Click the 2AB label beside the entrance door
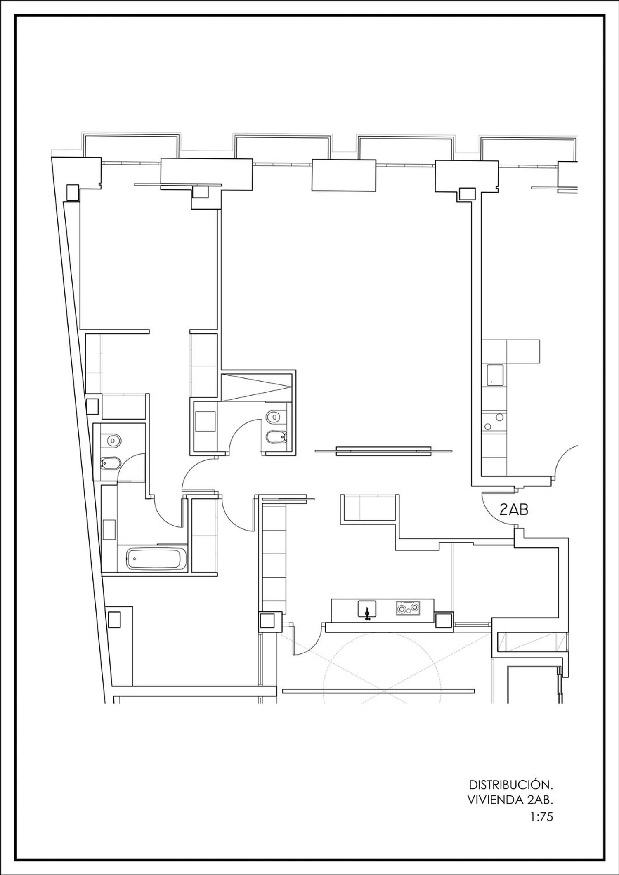pyautogui.click(x=514, y=510)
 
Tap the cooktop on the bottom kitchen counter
pyautogui.click(x=408, y=608)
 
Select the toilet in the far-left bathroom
pyautogui.click(x=113, y=441)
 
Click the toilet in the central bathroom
pyautogui.click(x=274, y=417)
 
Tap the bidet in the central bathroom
pyautogui.click(x=273, y=437)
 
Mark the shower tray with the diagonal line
pyautogui.click(x=256, y=387)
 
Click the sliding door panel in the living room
pyautogui.click(x=383, y=451)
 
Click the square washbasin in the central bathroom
pyautogui.click(x=206, y=421)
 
